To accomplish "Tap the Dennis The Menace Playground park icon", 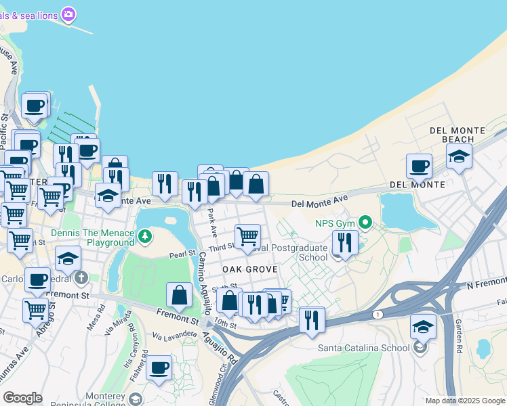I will (144, 236).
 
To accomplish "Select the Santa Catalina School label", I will (364, 348).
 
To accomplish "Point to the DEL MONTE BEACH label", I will (458, 134).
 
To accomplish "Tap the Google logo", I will (22, 397).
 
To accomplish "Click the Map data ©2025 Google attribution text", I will (465, 401).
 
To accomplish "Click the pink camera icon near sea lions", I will (68, 14).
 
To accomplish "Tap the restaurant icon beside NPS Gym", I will (345, 242).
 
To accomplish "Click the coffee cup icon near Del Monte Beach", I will (419, 165).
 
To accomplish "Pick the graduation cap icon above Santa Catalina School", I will (423, 326).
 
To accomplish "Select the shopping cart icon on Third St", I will (248, 236).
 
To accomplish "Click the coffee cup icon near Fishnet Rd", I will (159, 367).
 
